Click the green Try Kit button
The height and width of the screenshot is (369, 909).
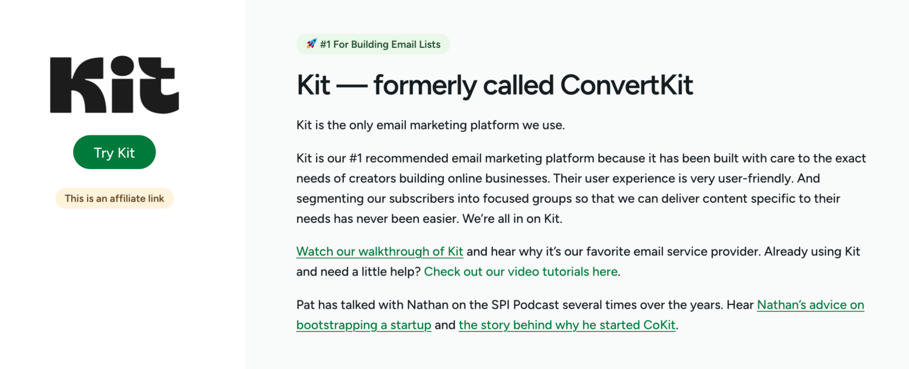[114, 152]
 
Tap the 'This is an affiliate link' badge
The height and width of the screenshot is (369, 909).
[114, 198]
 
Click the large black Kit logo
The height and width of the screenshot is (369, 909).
[114, 85]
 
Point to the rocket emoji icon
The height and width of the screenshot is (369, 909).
[311, 44]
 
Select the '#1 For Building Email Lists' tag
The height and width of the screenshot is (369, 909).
[373, 44]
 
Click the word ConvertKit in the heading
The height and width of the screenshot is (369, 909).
[627, 85]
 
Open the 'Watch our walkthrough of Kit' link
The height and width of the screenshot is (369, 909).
[379, 251]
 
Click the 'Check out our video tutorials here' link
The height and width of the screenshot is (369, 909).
[521, 271]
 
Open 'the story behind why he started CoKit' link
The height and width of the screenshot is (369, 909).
[567, 325]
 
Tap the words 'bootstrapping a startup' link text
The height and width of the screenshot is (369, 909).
[363, 325]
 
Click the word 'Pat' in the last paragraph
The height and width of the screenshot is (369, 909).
[305, 305]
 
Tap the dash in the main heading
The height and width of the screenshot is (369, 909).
[352, 86]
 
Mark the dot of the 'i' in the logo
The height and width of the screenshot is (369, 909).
[122, 65]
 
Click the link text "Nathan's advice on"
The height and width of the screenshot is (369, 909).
[810, 305]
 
